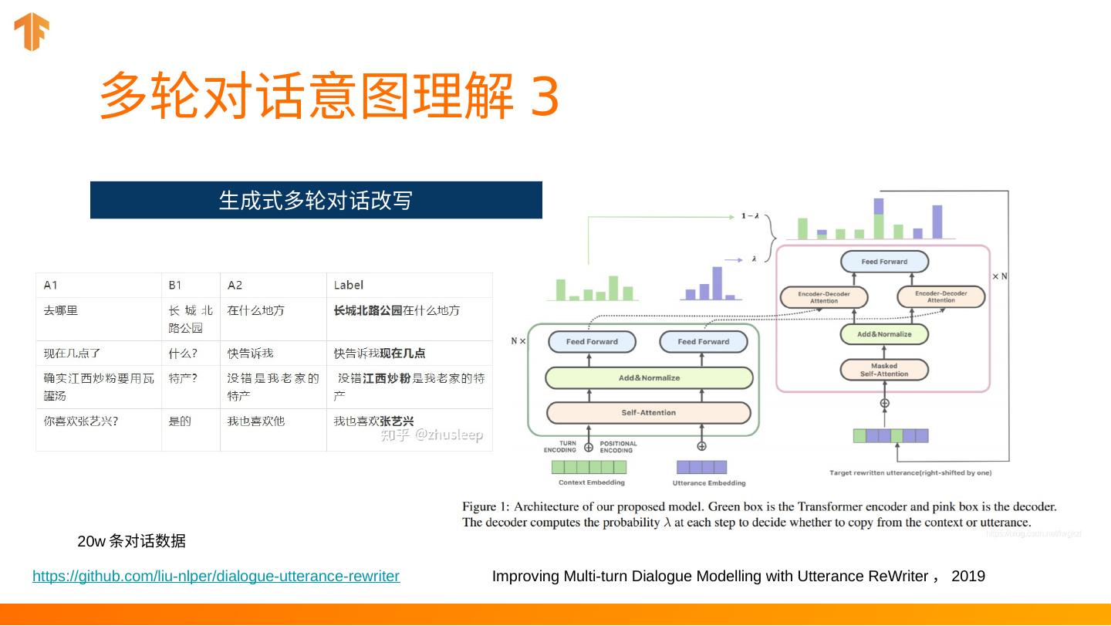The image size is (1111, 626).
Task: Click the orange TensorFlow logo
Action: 32,32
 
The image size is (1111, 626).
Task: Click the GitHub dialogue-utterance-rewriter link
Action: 216,576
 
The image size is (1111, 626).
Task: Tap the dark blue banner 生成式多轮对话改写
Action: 316,200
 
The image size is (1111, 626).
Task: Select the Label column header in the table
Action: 349,285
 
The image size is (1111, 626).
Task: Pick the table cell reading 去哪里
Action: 61,310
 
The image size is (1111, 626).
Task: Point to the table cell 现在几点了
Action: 73,353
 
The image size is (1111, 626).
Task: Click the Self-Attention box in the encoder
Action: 648,412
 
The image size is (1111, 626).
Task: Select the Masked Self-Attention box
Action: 883,370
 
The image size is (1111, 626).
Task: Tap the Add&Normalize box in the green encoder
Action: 649,377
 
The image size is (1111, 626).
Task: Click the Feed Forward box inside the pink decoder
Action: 884,262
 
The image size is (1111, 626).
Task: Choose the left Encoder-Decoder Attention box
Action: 823,297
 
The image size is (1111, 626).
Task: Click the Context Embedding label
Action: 591,482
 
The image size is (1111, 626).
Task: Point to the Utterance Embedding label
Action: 709,483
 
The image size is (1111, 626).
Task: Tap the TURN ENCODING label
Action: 560,447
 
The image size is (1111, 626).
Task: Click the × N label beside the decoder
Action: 999,276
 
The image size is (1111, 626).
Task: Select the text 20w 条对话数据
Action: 132,541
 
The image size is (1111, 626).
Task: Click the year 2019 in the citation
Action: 968,576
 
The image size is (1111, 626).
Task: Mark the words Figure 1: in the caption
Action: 485,507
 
